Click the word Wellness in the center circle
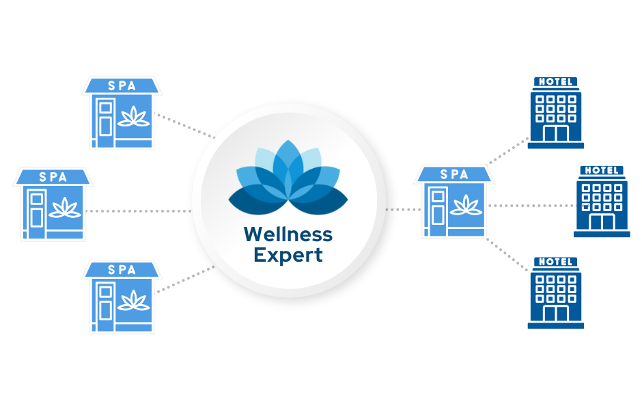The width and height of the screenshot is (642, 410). click(x=288, y=235)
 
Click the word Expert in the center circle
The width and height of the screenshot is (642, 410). click(x=288, y=256)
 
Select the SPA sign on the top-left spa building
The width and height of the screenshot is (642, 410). click(x=122, y=86)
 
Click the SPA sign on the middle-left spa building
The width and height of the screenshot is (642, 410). click(x=53, y=178)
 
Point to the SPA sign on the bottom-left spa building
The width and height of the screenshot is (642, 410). click(x=122, y=271)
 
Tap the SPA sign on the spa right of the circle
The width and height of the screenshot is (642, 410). click(x=454, y=175)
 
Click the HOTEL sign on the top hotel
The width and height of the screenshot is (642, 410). click(x=555, y=81)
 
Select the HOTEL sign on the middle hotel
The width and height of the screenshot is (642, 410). click(x=602, y=170)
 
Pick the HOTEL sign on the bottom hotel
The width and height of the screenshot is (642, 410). click(x=555, y=262)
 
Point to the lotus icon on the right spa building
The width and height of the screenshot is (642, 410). click(x=466, y=205)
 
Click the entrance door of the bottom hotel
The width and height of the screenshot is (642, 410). click(x=555, y=314)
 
